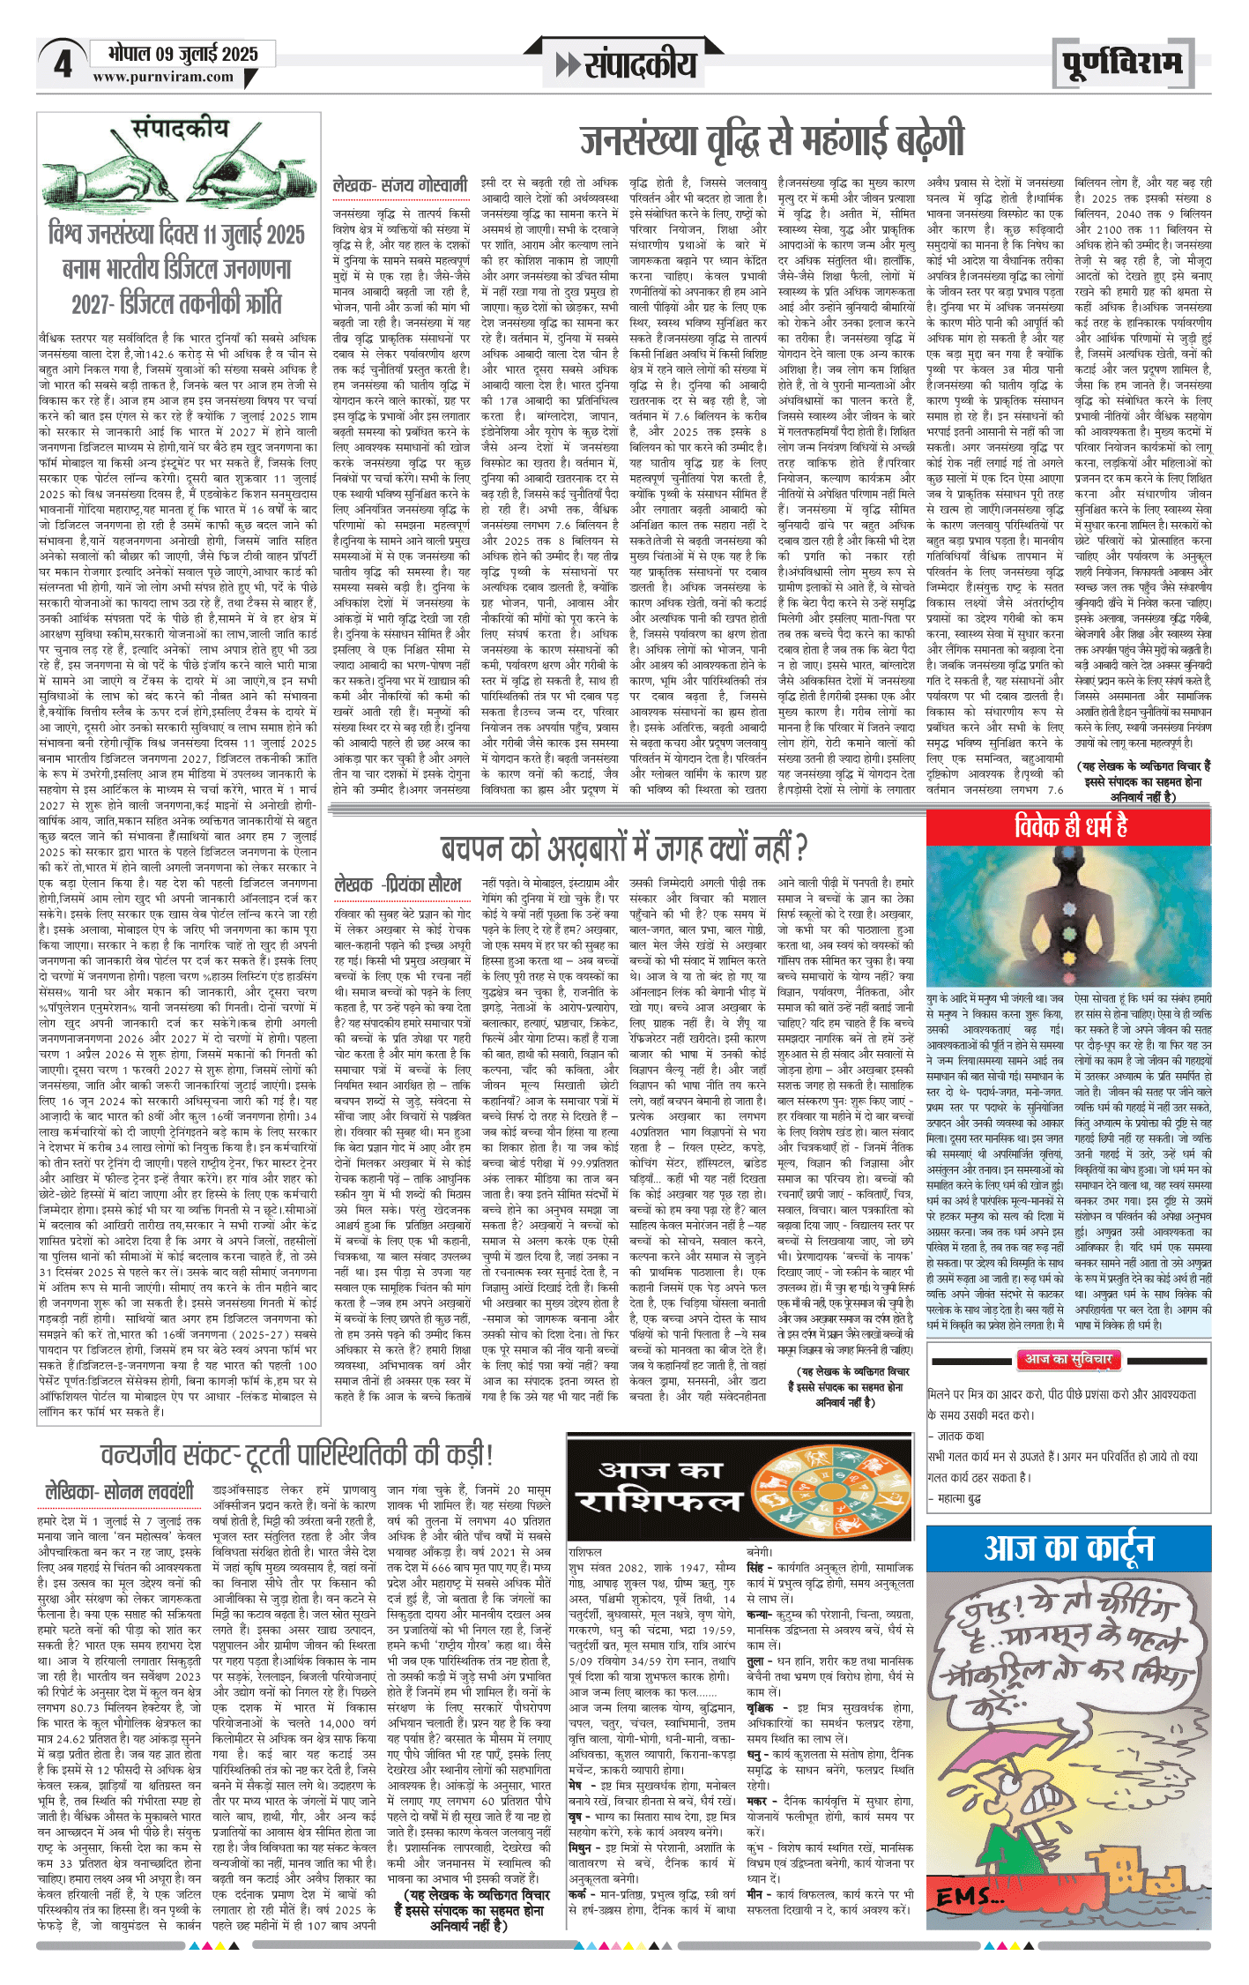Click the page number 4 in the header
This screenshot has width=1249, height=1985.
[x=62, y=63]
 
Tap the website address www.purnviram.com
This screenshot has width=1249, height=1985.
[x=163, y=77]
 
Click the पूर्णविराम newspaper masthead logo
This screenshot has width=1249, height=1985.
[x=1121, y=63]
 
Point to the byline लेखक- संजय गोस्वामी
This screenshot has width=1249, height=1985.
[x=400, y=186]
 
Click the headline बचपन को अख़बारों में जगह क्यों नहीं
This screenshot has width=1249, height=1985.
[x=623, y=848]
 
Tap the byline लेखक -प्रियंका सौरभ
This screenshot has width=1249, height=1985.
[x=398, y=884]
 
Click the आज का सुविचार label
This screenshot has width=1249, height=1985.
[x=1068, y=1359]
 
